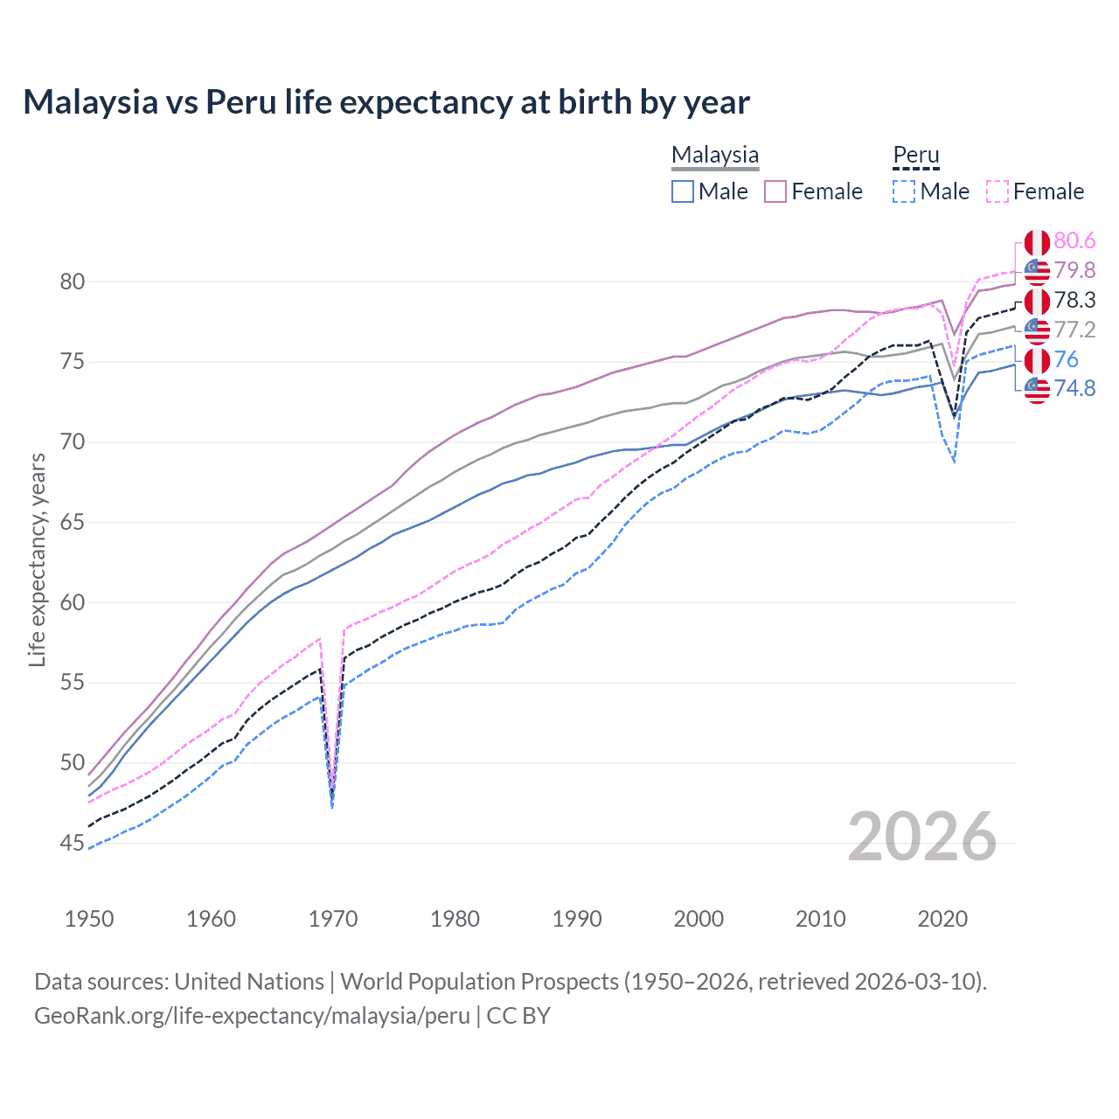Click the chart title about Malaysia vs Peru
click(x=386, y=102)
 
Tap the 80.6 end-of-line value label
click(x=1074, y=240)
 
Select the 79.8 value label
click(x=1074, y=270)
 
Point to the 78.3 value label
click(x=1074, y=300)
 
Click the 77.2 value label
click(x=1074, y=330)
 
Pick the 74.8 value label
click(x=1074, y=388)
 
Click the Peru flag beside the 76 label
click(x=1037, y=360)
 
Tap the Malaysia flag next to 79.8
click(x=1037, y=271)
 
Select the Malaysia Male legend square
click(x=683, y=191)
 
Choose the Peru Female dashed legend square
click(x=997, y=191)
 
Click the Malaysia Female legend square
click(x=775, y=191)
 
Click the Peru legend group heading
click(x=915, y=156)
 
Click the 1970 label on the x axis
click(x=333, y=919)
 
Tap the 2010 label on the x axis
click(x=820, y=919)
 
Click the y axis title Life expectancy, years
click(x=37, y=559)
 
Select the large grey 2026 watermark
click(x=921, y=837)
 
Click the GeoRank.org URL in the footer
click(x=252, y=1016)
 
